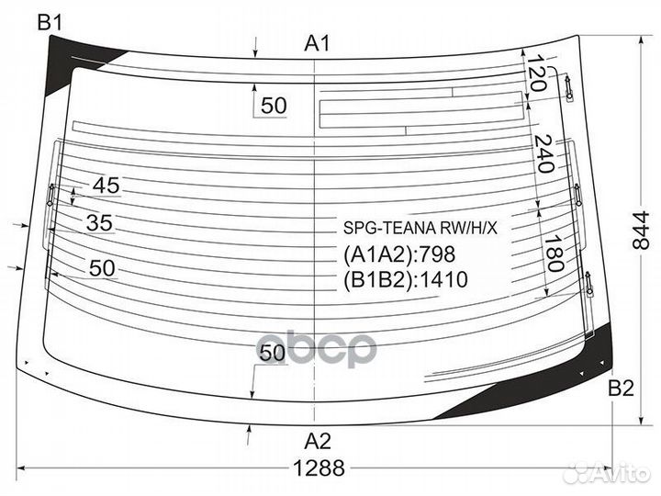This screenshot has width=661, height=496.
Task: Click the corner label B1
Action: tap(50, 22)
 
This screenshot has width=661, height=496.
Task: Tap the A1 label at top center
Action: tap(317, 43)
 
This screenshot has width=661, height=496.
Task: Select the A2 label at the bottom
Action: tap(318, 441)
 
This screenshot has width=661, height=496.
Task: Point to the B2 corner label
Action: tap(621, 388)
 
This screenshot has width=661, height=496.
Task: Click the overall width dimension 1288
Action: tap(319, 468)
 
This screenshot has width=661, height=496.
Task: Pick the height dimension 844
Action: tap(641, 231)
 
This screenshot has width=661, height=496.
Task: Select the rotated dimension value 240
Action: tap(543, 154)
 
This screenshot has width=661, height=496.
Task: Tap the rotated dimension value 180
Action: tap(554, 254)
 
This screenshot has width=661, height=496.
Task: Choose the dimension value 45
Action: tap(106, 186)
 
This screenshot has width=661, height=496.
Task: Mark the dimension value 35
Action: tap(99, 222)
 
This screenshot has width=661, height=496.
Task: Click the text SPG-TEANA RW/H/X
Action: tap(420, 228)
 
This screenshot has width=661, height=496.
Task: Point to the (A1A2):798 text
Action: tap(399, 254)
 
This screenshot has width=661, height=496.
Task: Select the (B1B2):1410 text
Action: tap(406, 279)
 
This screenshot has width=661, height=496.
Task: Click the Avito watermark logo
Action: tap(607, 472)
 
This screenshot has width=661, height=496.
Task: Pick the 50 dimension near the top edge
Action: tap(274, 105)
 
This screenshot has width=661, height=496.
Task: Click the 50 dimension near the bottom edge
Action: tap(273, 353)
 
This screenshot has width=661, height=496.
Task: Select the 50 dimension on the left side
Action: tap(102, 268)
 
